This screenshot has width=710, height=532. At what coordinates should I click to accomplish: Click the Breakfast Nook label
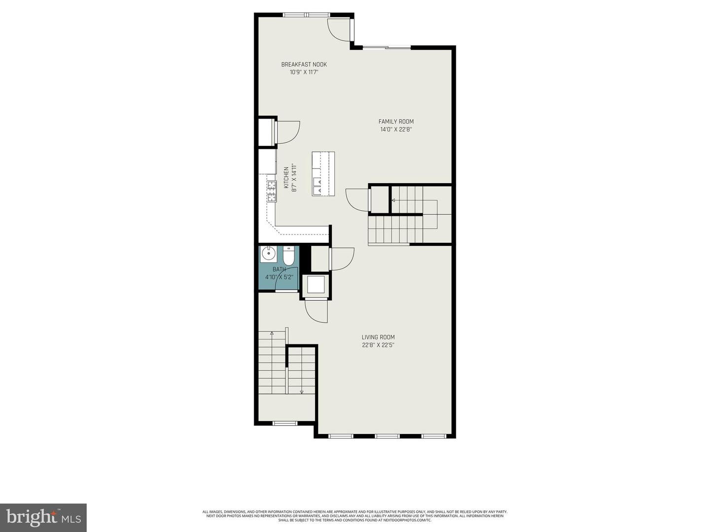click(x=304, y=65)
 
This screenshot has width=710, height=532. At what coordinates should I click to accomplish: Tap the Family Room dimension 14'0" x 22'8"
click(x=395, y=130)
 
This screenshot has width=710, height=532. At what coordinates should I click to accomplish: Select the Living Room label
click(x=378, y=337)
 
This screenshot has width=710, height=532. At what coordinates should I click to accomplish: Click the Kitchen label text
click(x=286, y=177)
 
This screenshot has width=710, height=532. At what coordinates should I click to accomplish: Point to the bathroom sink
click(x=268, y=254)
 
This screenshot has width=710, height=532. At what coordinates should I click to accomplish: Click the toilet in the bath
click(x=288, y=256)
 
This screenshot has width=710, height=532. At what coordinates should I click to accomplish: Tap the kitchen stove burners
click(x=272, y=191)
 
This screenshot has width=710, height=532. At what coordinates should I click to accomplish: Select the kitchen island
click(x=323, y=174)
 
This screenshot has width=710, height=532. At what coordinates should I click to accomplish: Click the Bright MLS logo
click(x=43, y=517)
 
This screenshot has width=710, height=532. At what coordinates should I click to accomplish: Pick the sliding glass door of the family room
click(x=387, y=47)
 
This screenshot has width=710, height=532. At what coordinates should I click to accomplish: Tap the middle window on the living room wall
click(x=387, y=436)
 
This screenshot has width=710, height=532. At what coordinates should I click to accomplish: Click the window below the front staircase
click(x=285, y=423)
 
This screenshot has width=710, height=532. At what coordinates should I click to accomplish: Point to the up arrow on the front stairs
click(x=272, y=334)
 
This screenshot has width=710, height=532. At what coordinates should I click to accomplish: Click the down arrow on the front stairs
click(x=301, y=392)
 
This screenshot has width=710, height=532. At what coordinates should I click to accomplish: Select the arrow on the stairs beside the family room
click(x=393, y=200)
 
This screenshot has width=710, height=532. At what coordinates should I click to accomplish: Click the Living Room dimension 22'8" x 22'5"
click(x=378, y=345)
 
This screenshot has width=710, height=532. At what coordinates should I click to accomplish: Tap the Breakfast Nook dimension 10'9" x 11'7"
click(x=304, y=72)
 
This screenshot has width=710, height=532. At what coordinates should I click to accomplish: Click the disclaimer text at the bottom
click(x=355, y=516)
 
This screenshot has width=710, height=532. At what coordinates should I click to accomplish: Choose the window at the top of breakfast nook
click(x=306, y=14)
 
